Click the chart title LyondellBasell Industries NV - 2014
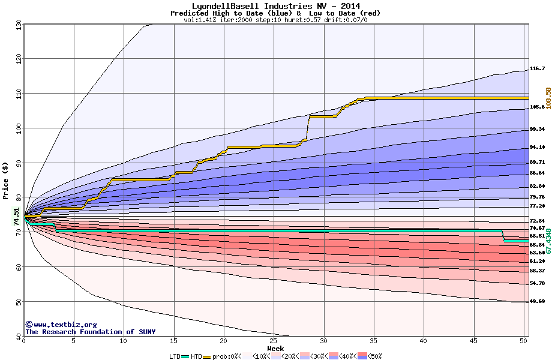tap(275, 6)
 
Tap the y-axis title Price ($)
tap(6, 180)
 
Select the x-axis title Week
tap(275, 349)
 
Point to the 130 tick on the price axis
tap(17, 25)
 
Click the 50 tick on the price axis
tap(17, 302)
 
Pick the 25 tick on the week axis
tap(274, 341)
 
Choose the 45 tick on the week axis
tap(474, 341)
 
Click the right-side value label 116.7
tap(537, 69)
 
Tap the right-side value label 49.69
tap(537, 302)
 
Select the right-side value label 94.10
tap(537, 148)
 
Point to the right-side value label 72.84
tap(537, 221)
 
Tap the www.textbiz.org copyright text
tap(61, 325)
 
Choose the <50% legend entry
tap(373, 356)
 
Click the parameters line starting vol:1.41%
tap(275, 20)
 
